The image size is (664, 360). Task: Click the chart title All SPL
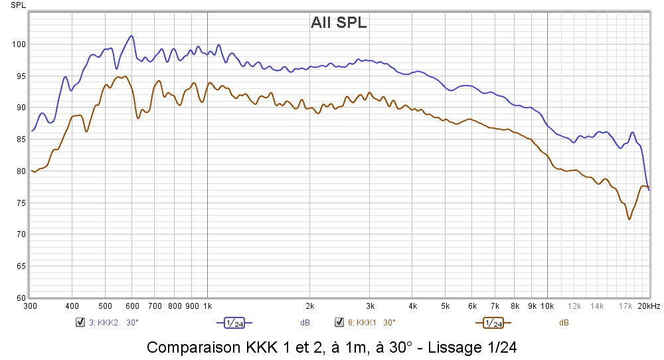339,23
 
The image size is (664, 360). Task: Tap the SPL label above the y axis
18,5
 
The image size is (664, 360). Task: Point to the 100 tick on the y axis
19,45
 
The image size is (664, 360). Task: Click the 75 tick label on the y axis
21,203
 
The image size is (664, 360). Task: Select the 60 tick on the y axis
21,298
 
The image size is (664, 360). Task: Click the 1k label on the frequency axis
207,306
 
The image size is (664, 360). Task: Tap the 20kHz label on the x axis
649,306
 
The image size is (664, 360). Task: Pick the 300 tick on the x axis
30,306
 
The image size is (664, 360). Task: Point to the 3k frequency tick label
370,306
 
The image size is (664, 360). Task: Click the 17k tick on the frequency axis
625,306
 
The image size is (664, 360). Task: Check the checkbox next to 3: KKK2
80,322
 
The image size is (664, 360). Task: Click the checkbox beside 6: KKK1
339,322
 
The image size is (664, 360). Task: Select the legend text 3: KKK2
104,323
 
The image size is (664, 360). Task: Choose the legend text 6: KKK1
362,323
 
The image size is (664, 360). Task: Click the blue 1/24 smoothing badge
234,323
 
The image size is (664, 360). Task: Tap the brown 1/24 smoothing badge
493,323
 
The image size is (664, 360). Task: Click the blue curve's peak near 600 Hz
131,36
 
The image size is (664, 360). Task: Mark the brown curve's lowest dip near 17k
629,219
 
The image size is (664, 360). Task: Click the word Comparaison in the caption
195,348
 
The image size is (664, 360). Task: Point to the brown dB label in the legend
564,323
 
